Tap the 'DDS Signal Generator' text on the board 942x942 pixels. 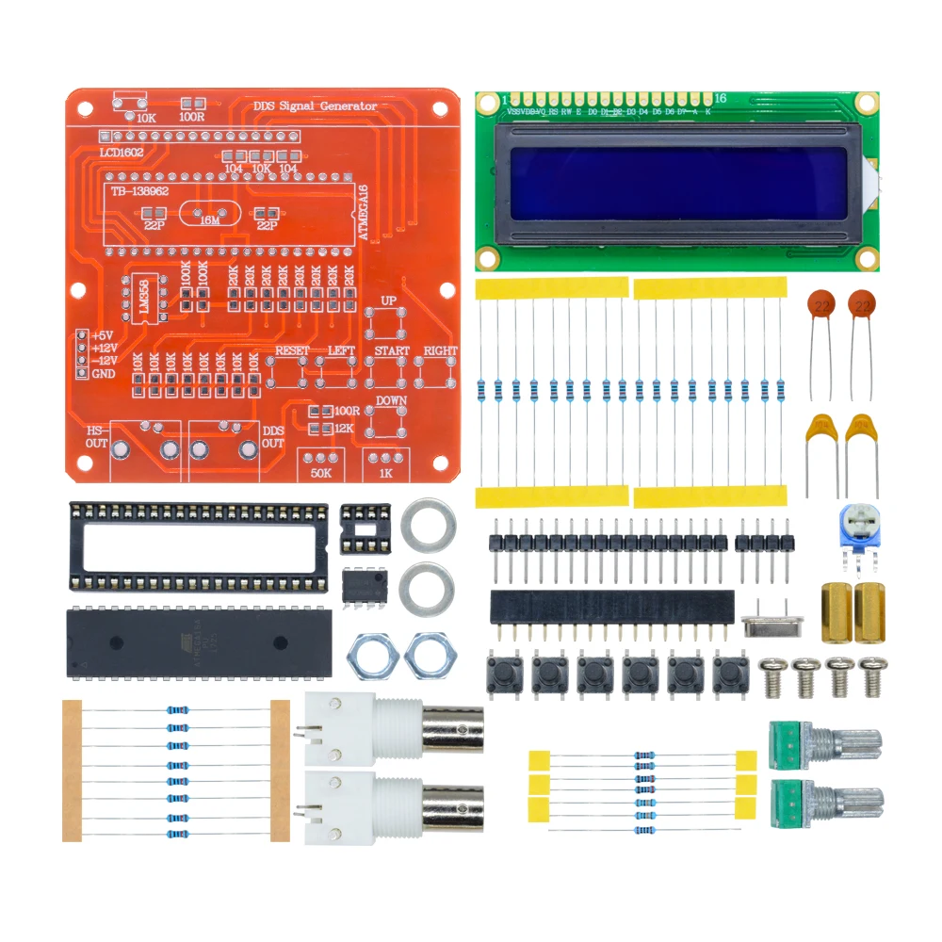[x=316, y=106]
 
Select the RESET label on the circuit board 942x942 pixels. [x=292, y=350]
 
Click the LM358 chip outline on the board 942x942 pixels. [x=143, y=300]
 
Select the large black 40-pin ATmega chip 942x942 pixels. [x=199, y=643]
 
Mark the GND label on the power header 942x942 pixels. [x=103, y=373]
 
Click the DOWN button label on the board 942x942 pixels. [x=391, y=400]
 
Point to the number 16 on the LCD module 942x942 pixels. [x=721, y=98]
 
